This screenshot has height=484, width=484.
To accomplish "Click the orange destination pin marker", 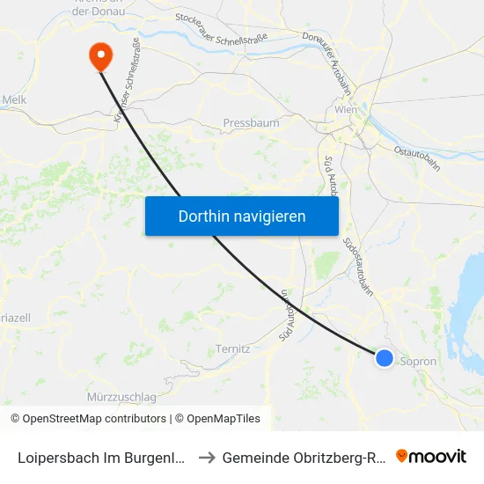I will [x=101, y=57].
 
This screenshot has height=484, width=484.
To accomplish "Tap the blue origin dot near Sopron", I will [x=385, y=357].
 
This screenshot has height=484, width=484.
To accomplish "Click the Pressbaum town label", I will [x=251, y=123].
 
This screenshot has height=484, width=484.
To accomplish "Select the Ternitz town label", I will [x=233, y=348].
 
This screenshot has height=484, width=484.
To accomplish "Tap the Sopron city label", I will [x=418, y=362].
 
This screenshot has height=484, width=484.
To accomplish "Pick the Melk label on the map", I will [x=14, y=99].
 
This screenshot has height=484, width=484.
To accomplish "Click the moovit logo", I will [x=431, y=456].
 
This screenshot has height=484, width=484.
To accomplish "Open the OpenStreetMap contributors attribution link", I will [x=94, y=419].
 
